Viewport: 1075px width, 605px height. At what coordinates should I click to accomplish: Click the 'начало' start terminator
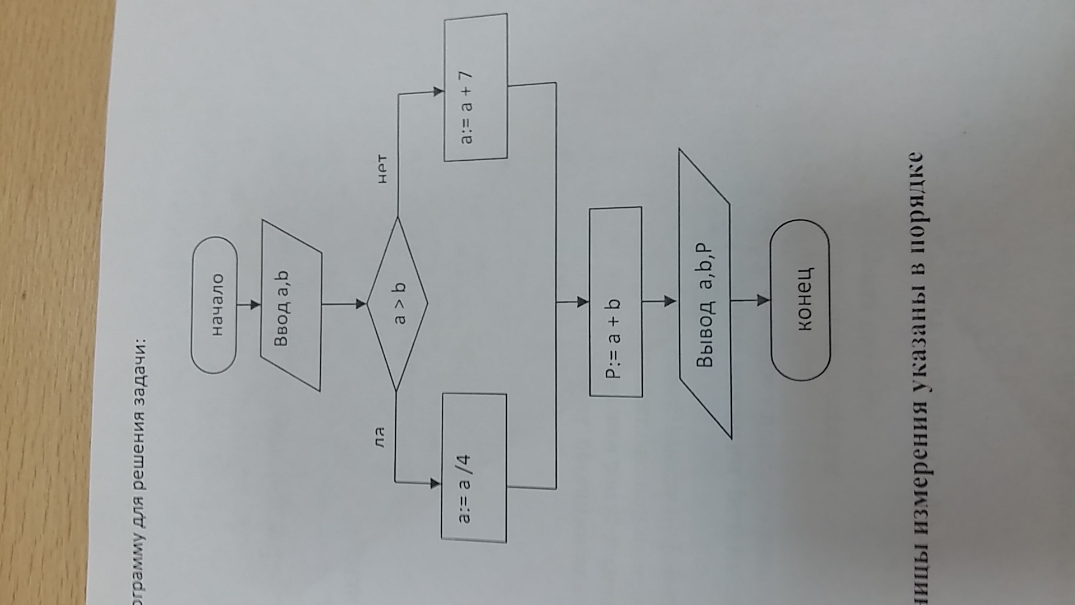pos(214,305)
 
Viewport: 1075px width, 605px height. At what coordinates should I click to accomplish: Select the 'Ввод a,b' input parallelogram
pos(291,305)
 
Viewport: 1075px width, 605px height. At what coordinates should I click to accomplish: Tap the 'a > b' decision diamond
pos(398,304)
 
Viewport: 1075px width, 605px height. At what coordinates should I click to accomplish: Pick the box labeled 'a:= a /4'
pos(474,467)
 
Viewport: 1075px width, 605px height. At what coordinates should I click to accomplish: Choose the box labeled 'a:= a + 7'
pos(476,89)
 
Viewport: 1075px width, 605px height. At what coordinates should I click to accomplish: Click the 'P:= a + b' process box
pos(615,302)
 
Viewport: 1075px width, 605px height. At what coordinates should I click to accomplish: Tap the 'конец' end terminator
pos(800,300)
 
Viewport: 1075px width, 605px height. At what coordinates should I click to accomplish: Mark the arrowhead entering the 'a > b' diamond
pos(361,304)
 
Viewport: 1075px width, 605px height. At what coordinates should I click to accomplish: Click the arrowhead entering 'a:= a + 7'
pos(438,92)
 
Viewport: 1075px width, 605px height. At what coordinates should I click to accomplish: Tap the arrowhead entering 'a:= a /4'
pos(435,483)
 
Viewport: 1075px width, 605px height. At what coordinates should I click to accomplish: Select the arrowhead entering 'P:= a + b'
pos(583,302)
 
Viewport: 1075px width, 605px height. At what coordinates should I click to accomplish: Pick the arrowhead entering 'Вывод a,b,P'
pos(671,301)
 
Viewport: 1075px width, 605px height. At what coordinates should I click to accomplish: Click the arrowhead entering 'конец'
pos(764,300)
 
